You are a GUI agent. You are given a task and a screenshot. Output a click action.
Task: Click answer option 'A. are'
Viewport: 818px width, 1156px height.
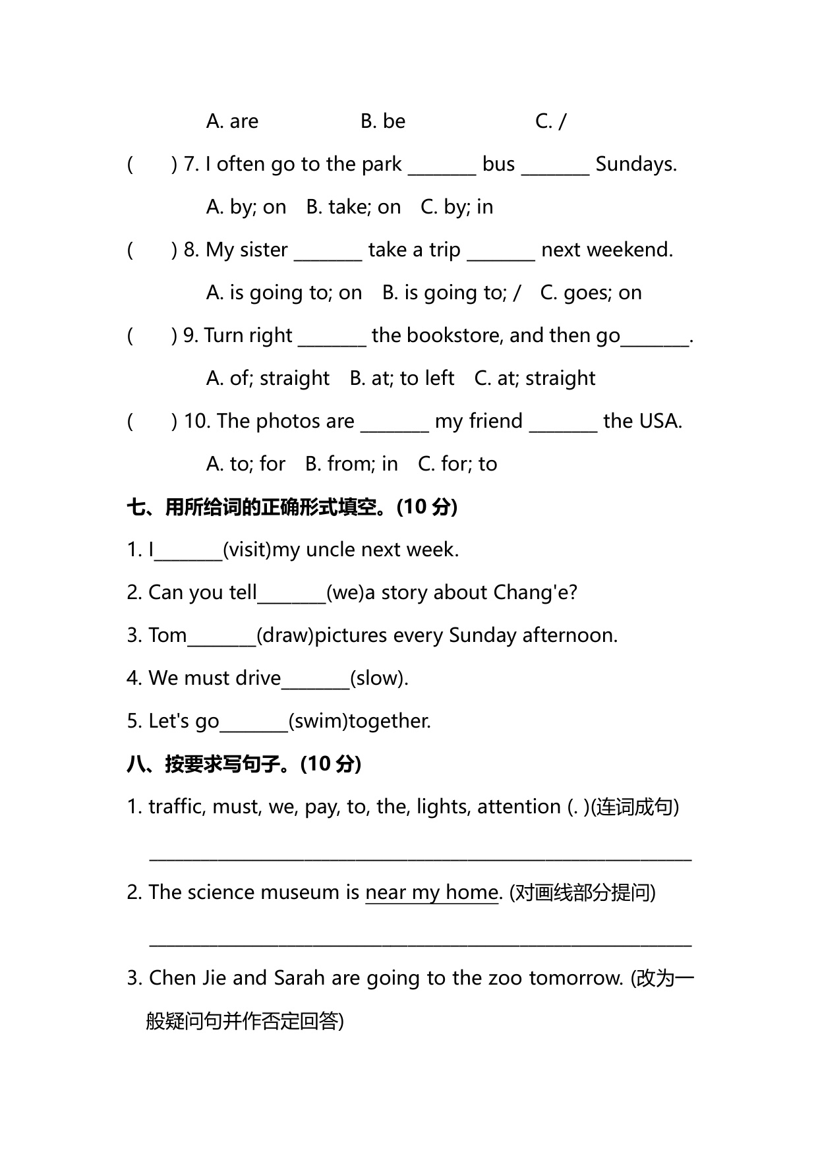pyautogui.click(x=232, y=122)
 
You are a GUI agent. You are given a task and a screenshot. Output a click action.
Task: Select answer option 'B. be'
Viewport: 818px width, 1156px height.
pyautogui.click(x=383, y=122)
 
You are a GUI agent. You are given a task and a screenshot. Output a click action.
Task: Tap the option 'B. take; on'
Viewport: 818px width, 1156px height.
pyautogui.click(x=353, y=208)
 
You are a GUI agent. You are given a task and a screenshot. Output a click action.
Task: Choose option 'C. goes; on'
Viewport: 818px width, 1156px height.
pyautogui.click(x=591, y=293)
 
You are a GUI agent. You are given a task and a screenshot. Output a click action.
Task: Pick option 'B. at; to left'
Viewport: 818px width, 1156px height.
pyautogui.click(x=401, y=379)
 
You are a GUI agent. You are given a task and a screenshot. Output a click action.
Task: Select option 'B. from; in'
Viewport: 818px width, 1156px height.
pyautogui.click(x=351, y=465)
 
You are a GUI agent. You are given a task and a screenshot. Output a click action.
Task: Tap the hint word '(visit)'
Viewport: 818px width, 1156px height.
pyautogui.click(x=247, y=550)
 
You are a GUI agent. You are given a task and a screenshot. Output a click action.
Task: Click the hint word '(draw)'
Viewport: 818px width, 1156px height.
pyautogui.click(x=285, y=636)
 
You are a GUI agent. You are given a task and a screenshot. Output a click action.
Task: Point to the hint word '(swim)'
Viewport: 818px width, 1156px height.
pyautogui.click(x=318, y=722)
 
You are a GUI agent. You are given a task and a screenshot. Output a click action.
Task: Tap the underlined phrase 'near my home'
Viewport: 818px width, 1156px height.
pyautogui.click(x=432, y=893)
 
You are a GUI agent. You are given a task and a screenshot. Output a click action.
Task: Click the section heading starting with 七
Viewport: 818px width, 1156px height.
pyautogui.click(x=291, y=507)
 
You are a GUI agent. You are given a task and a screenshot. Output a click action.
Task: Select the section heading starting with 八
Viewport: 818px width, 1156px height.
pyautogui.click(x=244, y=765)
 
